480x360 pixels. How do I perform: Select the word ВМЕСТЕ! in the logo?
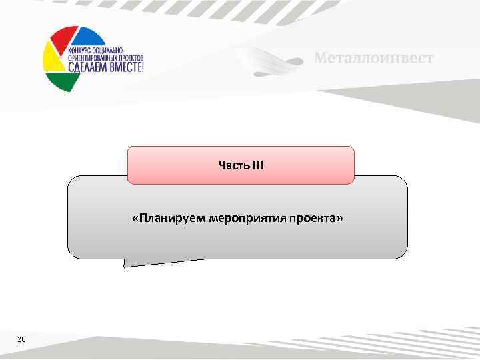pyautogui.click(x=123, y=67)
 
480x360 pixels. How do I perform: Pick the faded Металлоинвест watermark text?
pyautogui.click(x=373, y=58)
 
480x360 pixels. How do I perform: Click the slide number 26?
pyautogui.click(x=21, y=340)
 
